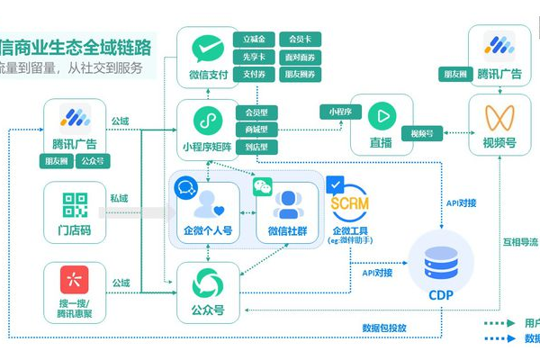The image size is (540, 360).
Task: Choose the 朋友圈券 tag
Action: click(300, 75)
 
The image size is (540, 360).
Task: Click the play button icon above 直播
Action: click(382, 116)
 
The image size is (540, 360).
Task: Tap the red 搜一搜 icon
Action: click(75, 280)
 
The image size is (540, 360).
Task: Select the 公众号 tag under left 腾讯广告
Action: click(91, 162)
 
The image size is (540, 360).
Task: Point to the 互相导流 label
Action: click(520, 243)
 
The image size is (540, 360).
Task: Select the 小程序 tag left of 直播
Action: click(340, 112)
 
